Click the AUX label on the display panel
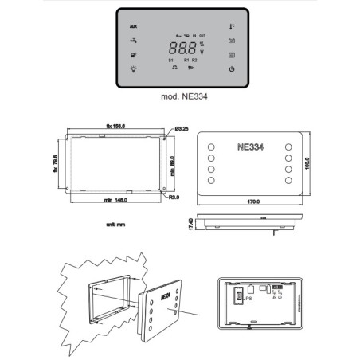click(134, 26)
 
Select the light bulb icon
click(134, 69)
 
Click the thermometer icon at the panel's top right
click(232, 26)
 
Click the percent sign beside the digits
click(202, 44)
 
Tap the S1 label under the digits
click(170, 60)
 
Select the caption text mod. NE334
click(182, 100)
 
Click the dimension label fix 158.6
click(117, 126)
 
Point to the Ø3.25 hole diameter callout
click(180, 128)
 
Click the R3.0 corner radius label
click(174, 196)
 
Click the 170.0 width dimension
click(253, 202)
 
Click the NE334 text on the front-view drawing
click(253, 147)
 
